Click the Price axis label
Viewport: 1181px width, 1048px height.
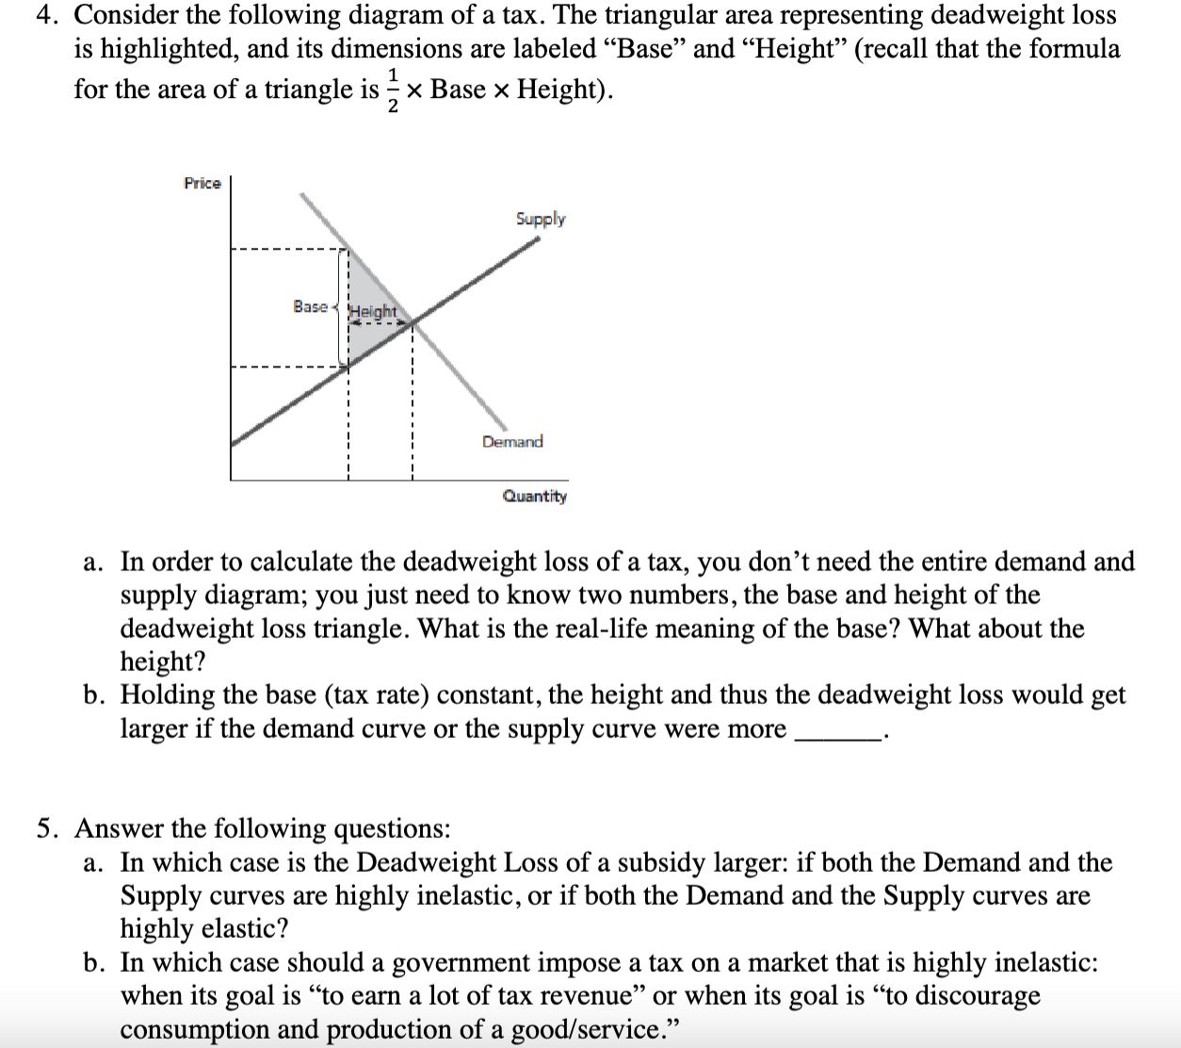click(202, 183)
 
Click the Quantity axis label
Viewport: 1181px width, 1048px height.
click(534, 496)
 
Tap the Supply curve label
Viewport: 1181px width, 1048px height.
click(541, 219)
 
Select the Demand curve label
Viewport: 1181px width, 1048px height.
click(512, 441)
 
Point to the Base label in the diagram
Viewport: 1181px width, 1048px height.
click(310, 306)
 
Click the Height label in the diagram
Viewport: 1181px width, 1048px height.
click(374, 311)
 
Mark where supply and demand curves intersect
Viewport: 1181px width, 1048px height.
click(412, 323)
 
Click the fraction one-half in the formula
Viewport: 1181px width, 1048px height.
click(394, 90)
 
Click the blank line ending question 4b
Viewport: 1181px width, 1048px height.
click(837, 731)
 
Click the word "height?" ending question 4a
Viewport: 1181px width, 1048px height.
click(162, 663)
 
